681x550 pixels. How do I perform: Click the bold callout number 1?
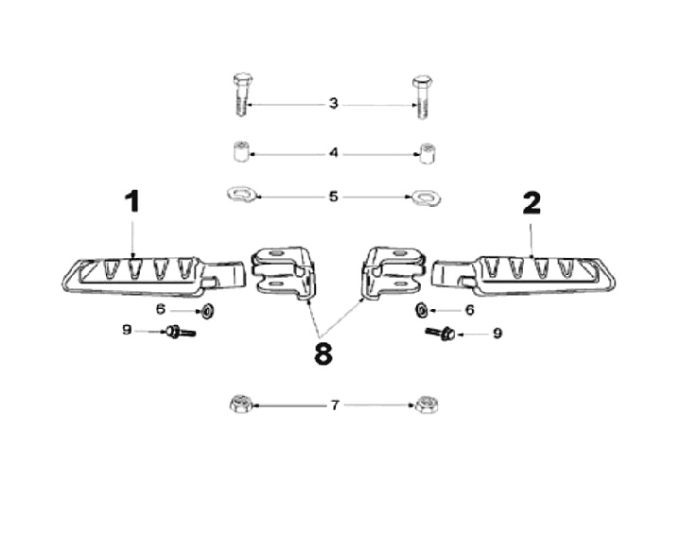pyautogui.click(x=132, y=201)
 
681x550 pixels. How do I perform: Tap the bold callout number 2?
pyautogui.click(x=532, y=203)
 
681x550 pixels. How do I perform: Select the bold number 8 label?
pyautogui.click(x=323, y=354)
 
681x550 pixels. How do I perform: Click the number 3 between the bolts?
pyautogui.click(x=333, y=104)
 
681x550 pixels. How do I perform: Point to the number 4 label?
pyautogui.click(x=334, y=153)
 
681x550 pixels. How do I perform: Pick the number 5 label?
pyautogui.click(x=333, y=197)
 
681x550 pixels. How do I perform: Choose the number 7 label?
pyautogui.click(x=335, y=405)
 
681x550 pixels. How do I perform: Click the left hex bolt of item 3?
pyautogui.click(x=242, y=95)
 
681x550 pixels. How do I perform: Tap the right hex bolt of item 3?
pyautogui.click(x=422, y=97)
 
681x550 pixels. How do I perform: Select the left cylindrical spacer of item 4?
pyautogui.click(x=240, y=151)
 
